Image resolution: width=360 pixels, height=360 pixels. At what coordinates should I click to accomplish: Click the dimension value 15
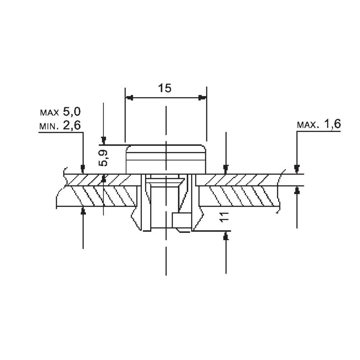[x=165, y=88]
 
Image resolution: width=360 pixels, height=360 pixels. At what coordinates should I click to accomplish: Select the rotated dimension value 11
[x=224, y=217]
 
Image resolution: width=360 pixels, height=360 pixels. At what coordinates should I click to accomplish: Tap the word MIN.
[x=49, y=126]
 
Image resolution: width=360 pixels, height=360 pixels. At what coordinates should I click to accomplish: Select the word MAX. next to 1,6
[x=308, y=125]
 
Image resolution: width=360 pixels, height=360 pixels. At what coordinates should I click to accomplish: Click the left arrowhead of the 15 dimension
[x=129, y=98]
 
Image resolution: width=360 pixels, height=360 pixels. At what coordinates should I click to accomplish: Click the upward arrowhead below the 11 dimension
[x=226, y=236]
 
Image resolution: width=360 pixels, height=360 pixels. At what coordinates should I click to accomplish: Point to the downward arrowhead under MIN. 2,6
[x=83, y=169]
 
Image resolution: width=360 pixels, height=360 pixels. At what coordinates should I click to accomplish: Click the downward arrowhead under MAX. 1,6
[x=297, y=169]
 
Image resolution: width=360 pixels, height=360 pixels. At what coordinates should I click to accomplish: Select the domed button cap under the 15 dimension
[x=166, y=159]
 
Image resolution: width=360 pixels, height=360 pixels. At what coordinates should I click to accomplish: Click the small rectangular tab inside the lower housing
[x=182, y=221]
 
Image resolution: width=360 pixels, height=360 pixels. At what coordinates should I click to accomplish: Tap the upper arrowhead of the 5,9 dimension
[x=104, y=140]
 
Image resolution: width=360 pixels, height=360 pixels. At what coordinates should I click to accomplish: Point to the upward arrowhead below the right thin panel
[x=297, y=190]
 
